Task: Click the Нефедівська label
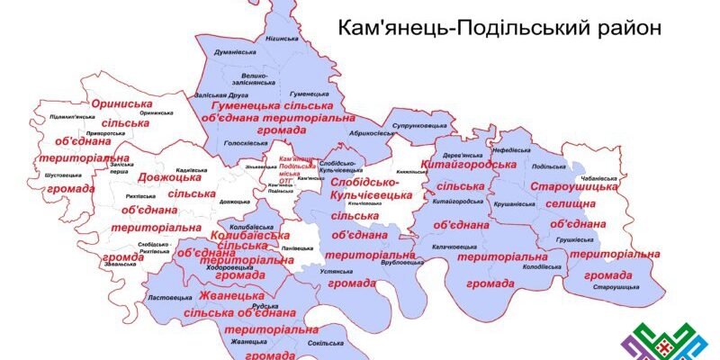point(512,151)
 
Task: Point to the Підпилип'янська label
point(66,117)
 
